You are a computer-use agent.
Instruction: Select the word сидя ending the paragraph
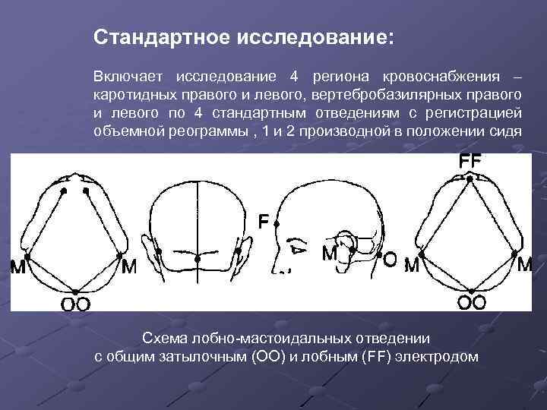[506, 130]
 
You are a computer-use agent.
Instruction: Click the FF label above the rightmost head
[470, 162]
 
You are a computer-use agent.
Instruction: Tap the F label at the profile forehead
[263, 222]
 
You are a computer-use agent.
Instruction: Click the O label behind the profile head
[389, 260]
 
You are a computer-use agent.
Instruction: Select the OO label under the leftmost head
[75, 304]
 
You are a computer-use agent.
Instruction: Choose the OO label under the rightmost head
[471, 303]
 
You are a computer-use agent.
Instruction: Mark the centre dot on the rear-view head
[198, 260]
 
